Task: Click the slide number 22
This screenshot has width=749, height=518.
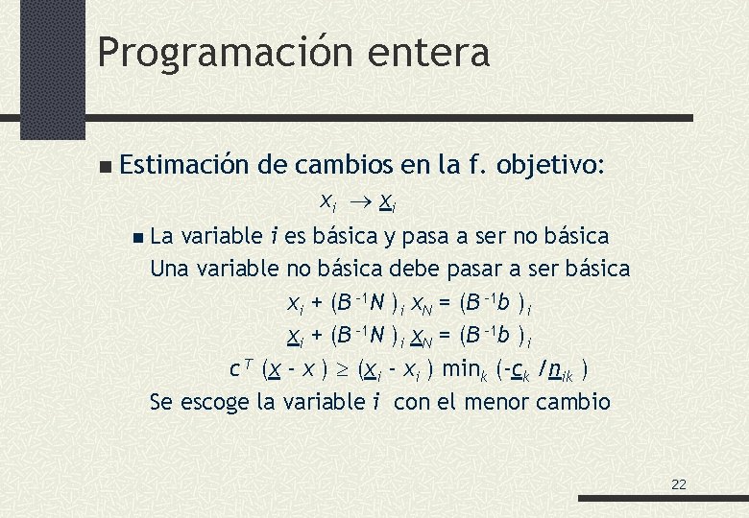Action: coord(679,484)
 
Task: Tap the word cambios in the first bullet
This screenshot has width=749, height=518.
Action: coord(342,165)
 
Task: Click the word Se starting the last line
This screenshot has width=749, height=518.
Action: coord(163,402)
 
